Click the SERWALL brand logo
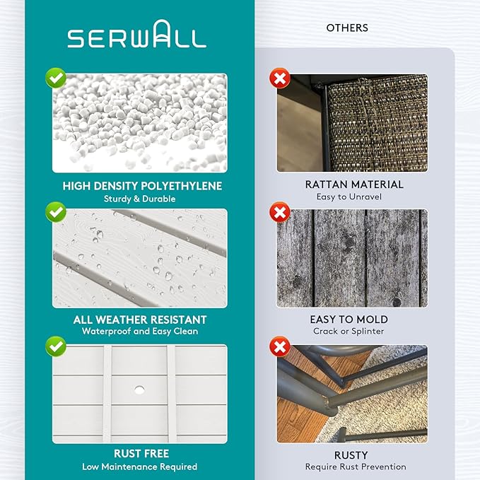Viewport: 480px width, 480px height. pos(137,34)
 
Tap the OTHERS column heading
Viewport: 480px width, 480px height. pos(347,28)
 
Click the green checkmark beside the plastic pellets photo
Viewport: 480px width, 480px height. pos(56,78)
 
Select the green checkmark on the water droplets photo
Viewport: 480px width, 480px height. pos(56,212)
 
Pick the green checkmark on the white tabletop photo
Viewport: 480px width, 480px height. pos(56,346)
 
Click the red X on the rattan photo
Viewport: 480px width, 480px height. pos(280,78)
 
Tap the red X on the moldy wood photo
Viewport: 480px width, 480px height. pos(280,212)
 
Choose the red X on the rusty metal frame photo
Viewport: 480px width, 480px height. pos(280,346)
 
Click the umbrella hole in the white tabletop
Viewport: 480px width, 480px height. pos(139,390)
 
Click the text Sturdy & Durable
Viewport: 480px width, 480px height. pos(139,199)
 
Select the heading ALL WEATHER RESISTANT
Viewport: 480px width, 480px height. pos(140,320)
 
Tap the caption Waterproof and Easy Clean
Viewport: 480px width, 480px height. pos(140,332)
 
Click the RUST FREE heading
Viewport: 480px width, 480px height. pos(141,454)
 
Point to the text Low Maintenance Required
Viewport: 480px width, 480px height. pos(139,467)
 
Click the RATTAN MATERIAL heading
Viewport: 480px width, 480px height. pos(354,185)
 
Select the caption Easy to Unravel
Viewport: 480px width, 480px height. pos(349,197)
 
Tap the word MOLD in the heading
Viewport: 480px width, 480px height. pos(372,320)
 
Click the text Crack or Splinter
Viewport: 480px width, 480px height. pos(349,332)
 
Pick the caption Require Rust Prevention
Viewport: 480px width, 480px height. pos(356,467)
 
